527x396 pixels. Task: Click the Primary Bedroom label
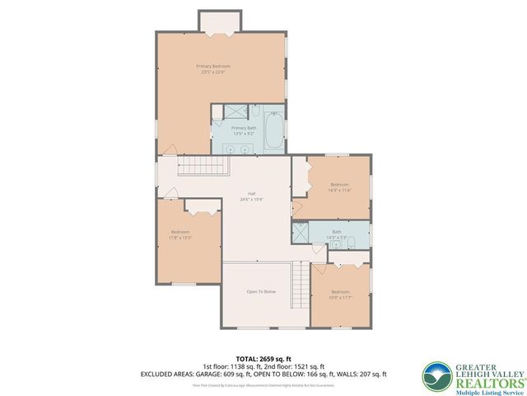[212, 68]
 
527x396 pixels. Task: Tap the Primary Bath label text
[245, 130]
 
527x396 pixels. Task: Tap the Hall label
[250, 196]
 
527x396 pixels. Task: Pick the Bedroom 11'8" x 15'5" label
[180, 234]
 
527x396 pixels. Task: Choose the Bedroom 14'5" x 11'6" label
[340, 186]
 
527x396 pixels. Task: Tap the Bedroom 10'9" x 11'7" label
[341, 295]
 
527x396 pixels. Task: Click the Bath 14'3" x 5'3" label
[336, 234]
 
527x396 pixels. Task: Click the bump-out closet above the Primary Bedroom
[219, 21]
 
